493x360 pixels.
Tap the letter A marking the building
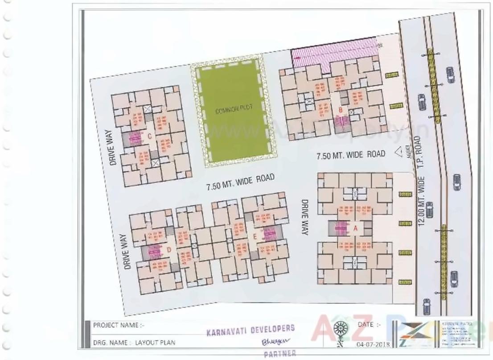(x=355, y=228)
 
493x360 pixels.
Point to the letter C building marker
(x=149, y=137)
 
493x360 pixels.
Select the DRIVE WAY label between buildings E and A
(x=306, y=217)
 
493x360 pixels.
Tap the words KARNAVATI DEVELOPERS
(x=251, y=330)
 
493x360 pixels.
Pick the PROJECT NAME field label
(x=119, y=325)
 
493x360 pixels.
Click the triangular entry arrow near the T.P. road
(x=399, y=153)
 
